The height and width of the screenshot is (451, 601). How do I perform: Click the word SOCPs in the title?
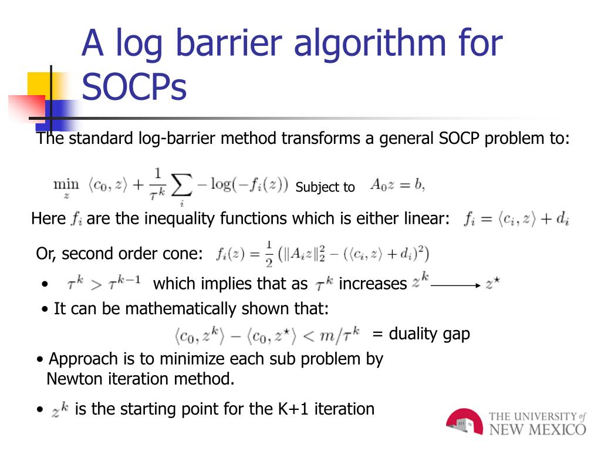(x=134, y=87)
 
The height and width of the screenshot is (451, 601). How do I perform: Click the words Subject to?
(x=325, y=187)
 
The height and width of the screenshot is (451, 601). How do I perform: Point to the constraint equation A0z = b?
(x=397, y=185)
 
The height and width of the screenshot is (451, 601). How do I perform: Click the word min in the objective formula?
(x=66, y=184)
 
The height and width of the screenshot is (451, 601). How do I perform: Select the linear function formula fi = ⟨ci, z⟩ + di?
(x=516, y=220)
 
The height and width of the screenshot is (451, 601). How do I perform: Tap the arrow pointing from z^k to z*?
(x=455, y=285)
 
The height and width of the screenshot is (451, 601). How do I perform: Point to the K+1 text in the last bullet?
(x=293, y=409)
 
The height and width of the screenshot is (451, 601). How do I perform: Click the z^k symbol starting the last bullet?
(x=60, y=410)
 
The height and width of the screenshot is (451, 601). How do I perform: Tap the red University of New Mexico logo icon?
(x=464, y=422)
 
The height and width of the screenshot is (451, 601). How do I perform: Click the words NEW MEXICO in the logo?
(x=537, y=429)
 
